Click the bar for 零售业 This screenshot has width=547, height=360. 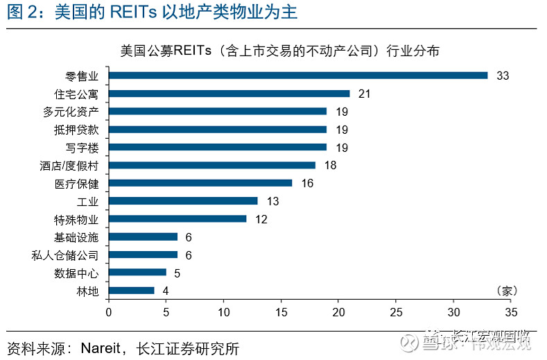(298, 75)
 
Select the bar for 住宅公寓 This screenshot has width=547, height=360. (229, 93)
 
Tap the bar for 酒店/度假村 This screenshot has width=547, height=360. (211, 165)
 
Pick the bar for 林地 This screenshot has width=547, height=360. (131, 291)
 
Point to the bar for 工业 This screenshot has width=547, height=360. (183, 201)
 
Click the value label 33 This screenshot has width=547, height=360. (503, 76)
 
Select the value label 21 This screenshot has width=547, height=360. (365, 93)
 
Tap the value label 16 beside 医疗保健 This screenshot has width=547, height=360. (307, 183)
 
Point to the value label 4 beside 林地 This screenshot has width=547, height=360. (166, 291)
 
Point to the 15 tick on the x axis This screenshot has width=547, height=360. (281, 312)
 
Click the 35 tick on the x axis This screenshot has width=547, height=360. (511, 312)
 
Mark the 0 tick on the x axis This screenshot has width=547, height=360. (108, 312)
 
